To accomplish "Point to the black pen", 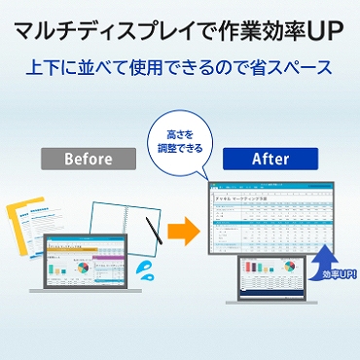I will tap(154, 231).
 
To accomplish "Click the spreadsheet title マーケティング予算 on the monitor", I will tap(255, 195).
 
